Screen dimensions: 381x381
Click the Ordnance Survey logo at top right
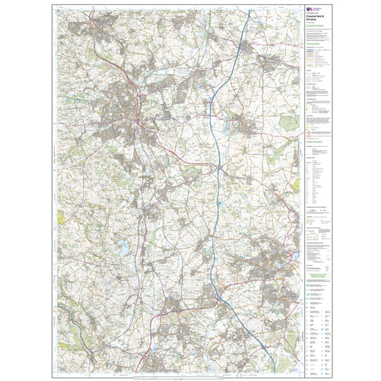pyautogui.click(x=309, y=10)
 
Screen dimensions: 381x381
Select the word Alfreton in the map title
pyautogui.click(x=311, y=21)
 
